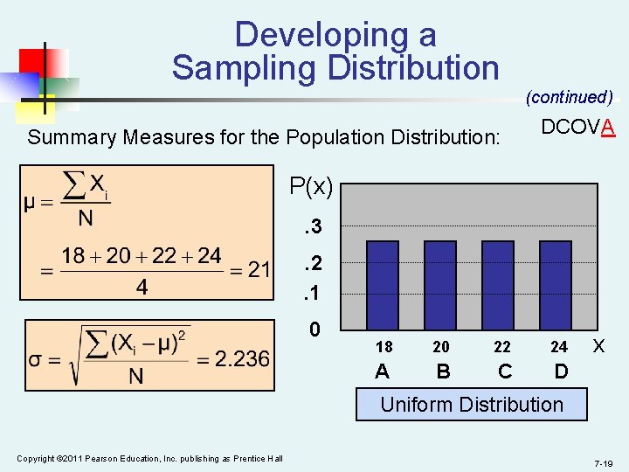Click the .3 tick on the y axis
(312, 227)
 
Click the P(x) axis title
(311, 186)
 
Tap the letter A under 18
(382, 371)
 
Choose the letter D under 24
(561, 371)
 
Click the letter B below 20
(443, 371)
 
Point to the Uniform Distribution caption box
(472, 405)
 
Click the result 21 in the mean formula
(259, 269)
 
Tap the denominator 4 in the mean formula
(142, 287)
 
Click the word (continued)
(569, 97)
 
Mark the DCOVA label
(578, 128)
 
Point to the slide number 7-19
(603, 462)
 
